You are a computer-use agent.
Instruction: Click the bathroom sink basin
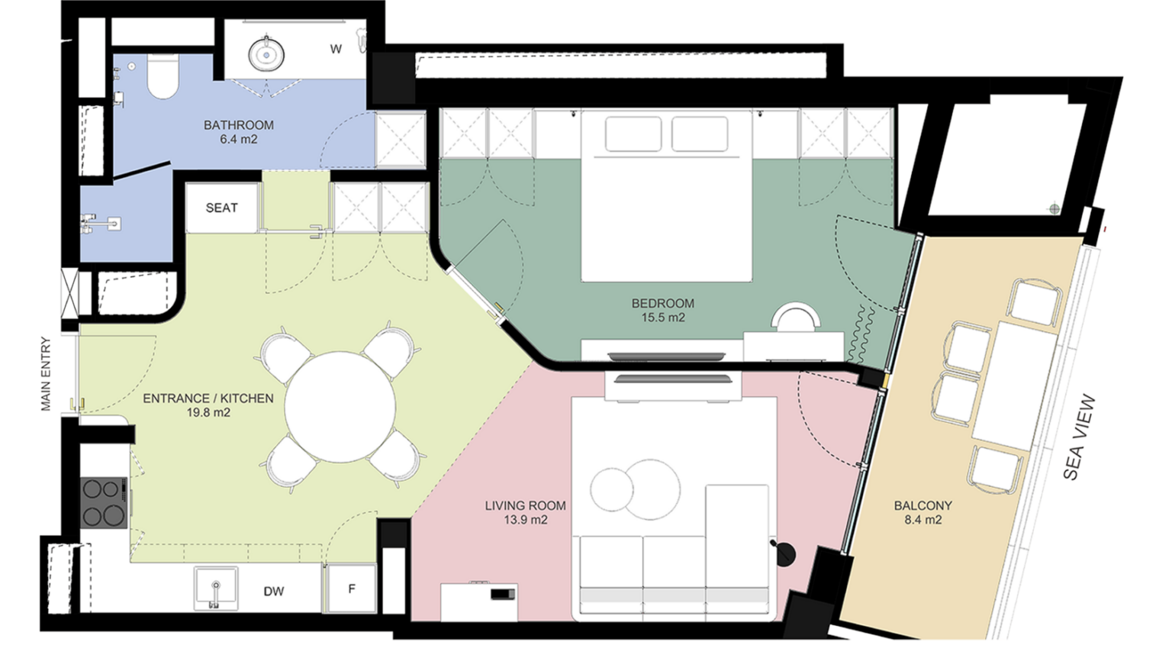tap(266, 53)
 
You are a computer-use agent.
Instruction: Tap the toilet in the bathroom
tap(163, 76)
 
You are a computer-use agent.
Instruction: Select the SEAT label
tap(222, 208)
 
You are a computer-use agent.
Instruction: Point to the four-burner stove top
tap(104, 502)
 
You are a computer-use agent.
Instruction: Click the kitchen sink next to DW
tap(216, 589)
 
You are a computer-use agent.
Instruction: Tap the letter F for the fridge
tap(352, 589)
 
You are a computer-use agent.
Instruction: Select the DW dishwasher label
tap(274, 592)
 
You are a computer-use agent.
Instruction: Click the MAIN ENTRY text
tap(47, 374)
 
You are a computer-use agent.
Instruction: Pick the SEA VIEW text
tap(1078, 437)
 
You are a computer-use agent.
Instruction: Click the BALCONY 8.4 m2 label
tap(923, 512)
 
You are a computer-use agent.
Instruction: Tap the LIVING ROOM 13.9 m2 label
tap(525, 512)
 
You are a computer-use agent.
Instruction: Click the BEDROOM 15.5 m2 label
tap(663, 310)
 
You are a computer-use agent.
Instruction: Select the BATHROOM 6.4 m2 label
tap(239, 132)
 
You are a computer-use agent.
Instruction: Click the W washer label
tap(336, 49)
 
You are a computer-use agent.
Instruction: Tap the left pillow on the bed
tap(633, 134)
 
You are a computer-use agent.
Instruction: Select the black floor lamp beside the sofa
tap(784, 553)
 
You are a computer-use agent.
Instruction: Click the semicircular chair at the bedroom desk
tap(796, 317)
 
